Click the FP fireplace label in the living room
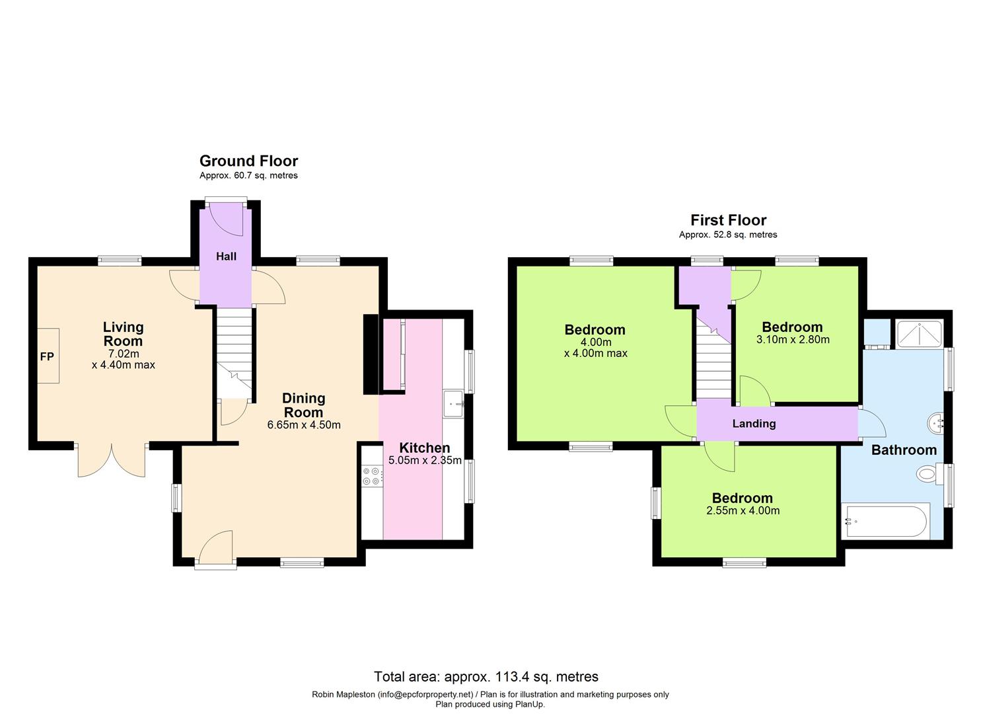click(x=47, y=357)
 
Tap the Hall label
click(x=226, y=257)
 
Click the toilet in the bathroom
click(x=929, y=473)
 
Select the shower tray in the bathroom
click(x=920, y=335)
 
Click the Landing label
click(x=754, y=424)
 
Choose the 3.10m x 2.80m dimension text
click(x=792, y=340)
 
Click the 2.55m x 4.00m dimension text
click(x=743, y=511)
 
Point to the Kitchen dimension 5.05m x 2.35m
click(x=425, y=461)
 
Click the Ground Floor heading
click(x=248, y=161)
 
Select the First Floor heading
click(x=728, y=220)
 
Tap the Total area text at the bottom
click(x=486, y=676)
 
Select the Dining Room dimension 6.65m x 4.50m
click(x=304, y=425)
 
